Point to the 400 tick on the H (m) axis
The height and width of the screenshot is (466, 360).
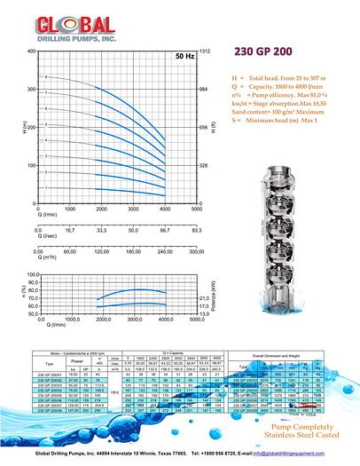click(31, 51)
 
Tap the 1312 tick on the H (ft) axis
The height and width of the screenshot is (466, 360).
click(207, 51)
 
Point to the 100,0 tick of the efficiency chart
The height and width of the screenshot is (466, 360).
click(31, 276)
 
